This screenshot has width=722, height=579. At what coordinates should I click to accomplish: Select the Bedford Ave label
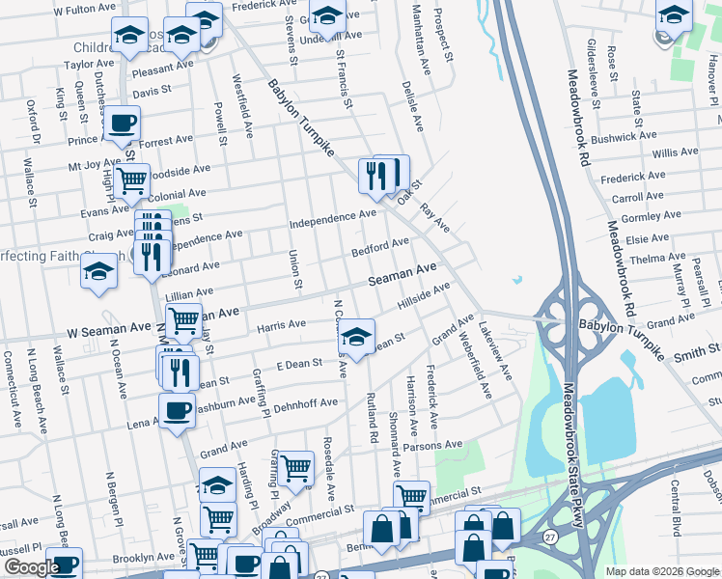point(381,248)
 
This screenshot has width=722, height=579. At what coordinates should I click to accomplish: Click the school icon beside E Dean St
point(357,337)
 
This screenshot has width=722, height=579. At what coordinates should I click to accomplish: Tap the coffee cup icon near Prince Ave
point(123,123)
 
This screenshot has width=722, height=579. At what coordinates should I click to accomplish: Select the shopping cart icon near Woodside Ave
point(131,179)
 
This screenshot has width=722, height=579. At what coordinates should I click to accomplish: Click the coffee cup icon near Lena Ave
point(177,410)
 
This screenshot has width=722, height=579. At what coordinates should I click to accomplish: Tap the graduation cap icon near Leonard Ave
point(99,272)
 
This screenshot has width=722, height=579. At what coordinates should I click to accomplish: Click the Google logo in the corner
point(32,568)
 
